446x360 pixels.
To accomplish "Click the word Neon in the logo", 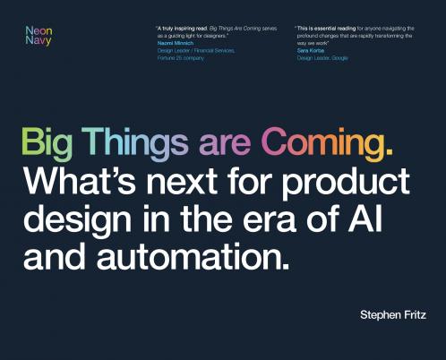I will click(39, 31).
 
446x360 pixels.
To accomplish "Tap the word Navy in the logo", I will click(39, 42).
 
